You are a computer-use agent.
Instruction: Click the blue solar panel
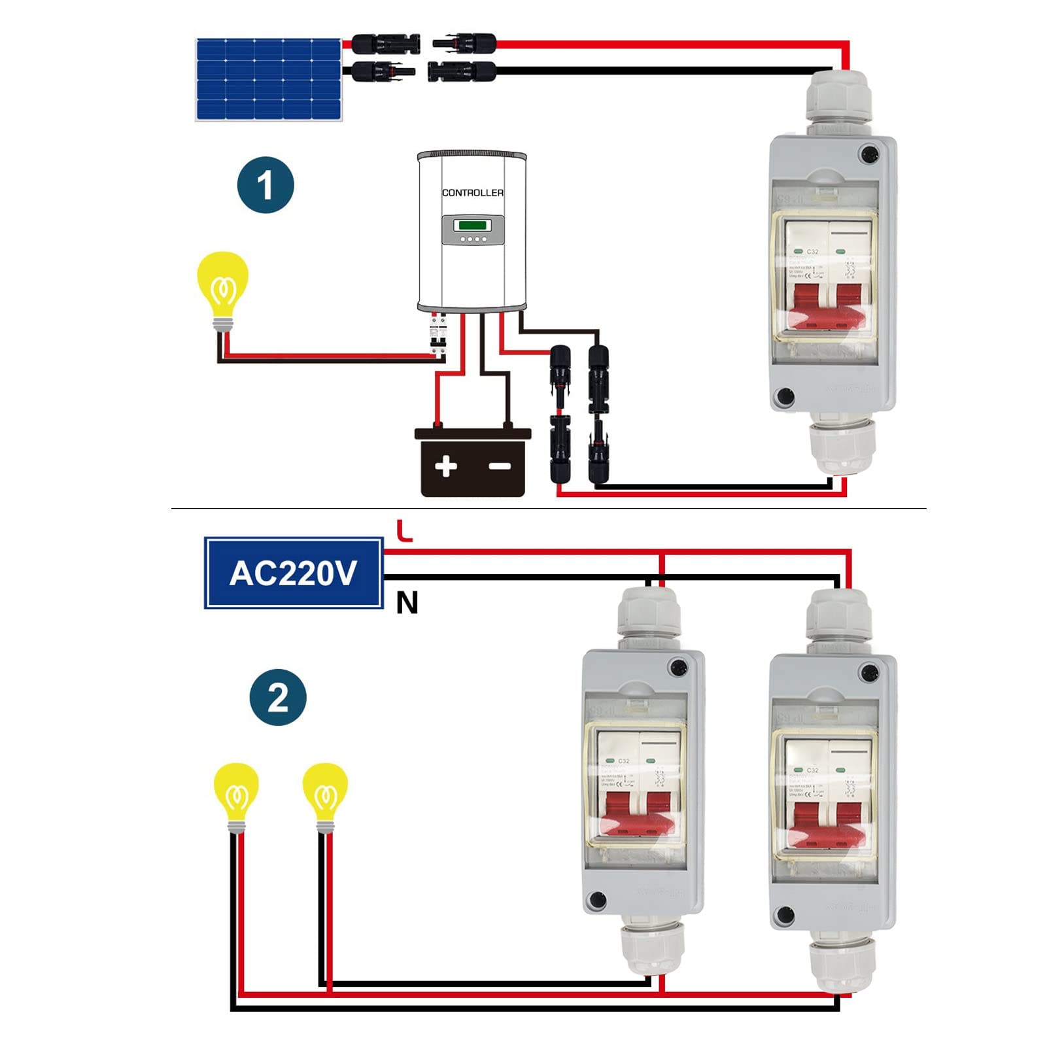(x=268, y=80)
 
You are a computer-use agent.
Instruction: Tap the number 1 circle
(x=266, y=185)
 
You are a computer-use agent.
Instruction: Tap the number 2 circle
(x=278, y=697)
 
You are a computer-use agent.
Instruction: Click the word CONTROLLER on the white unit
(x=472, y=193)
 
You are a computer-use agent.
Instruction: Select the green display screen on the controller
(x=472, y=225)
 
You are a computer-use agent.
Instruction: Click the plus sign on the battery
(x=446, y=466)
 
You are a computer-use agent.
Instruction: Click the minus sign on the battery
(x=500, y=466)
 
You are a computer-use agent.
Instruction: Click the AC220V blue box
(x=294, y=573)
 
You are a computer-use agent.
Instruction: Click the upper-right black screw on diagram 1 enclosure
(x=870, y=156)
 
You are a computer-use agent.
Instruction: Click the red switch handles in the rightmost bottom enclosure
(x=827, y=821)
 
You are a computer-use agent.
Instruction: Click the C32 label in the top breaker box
(x=812, y=252)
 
